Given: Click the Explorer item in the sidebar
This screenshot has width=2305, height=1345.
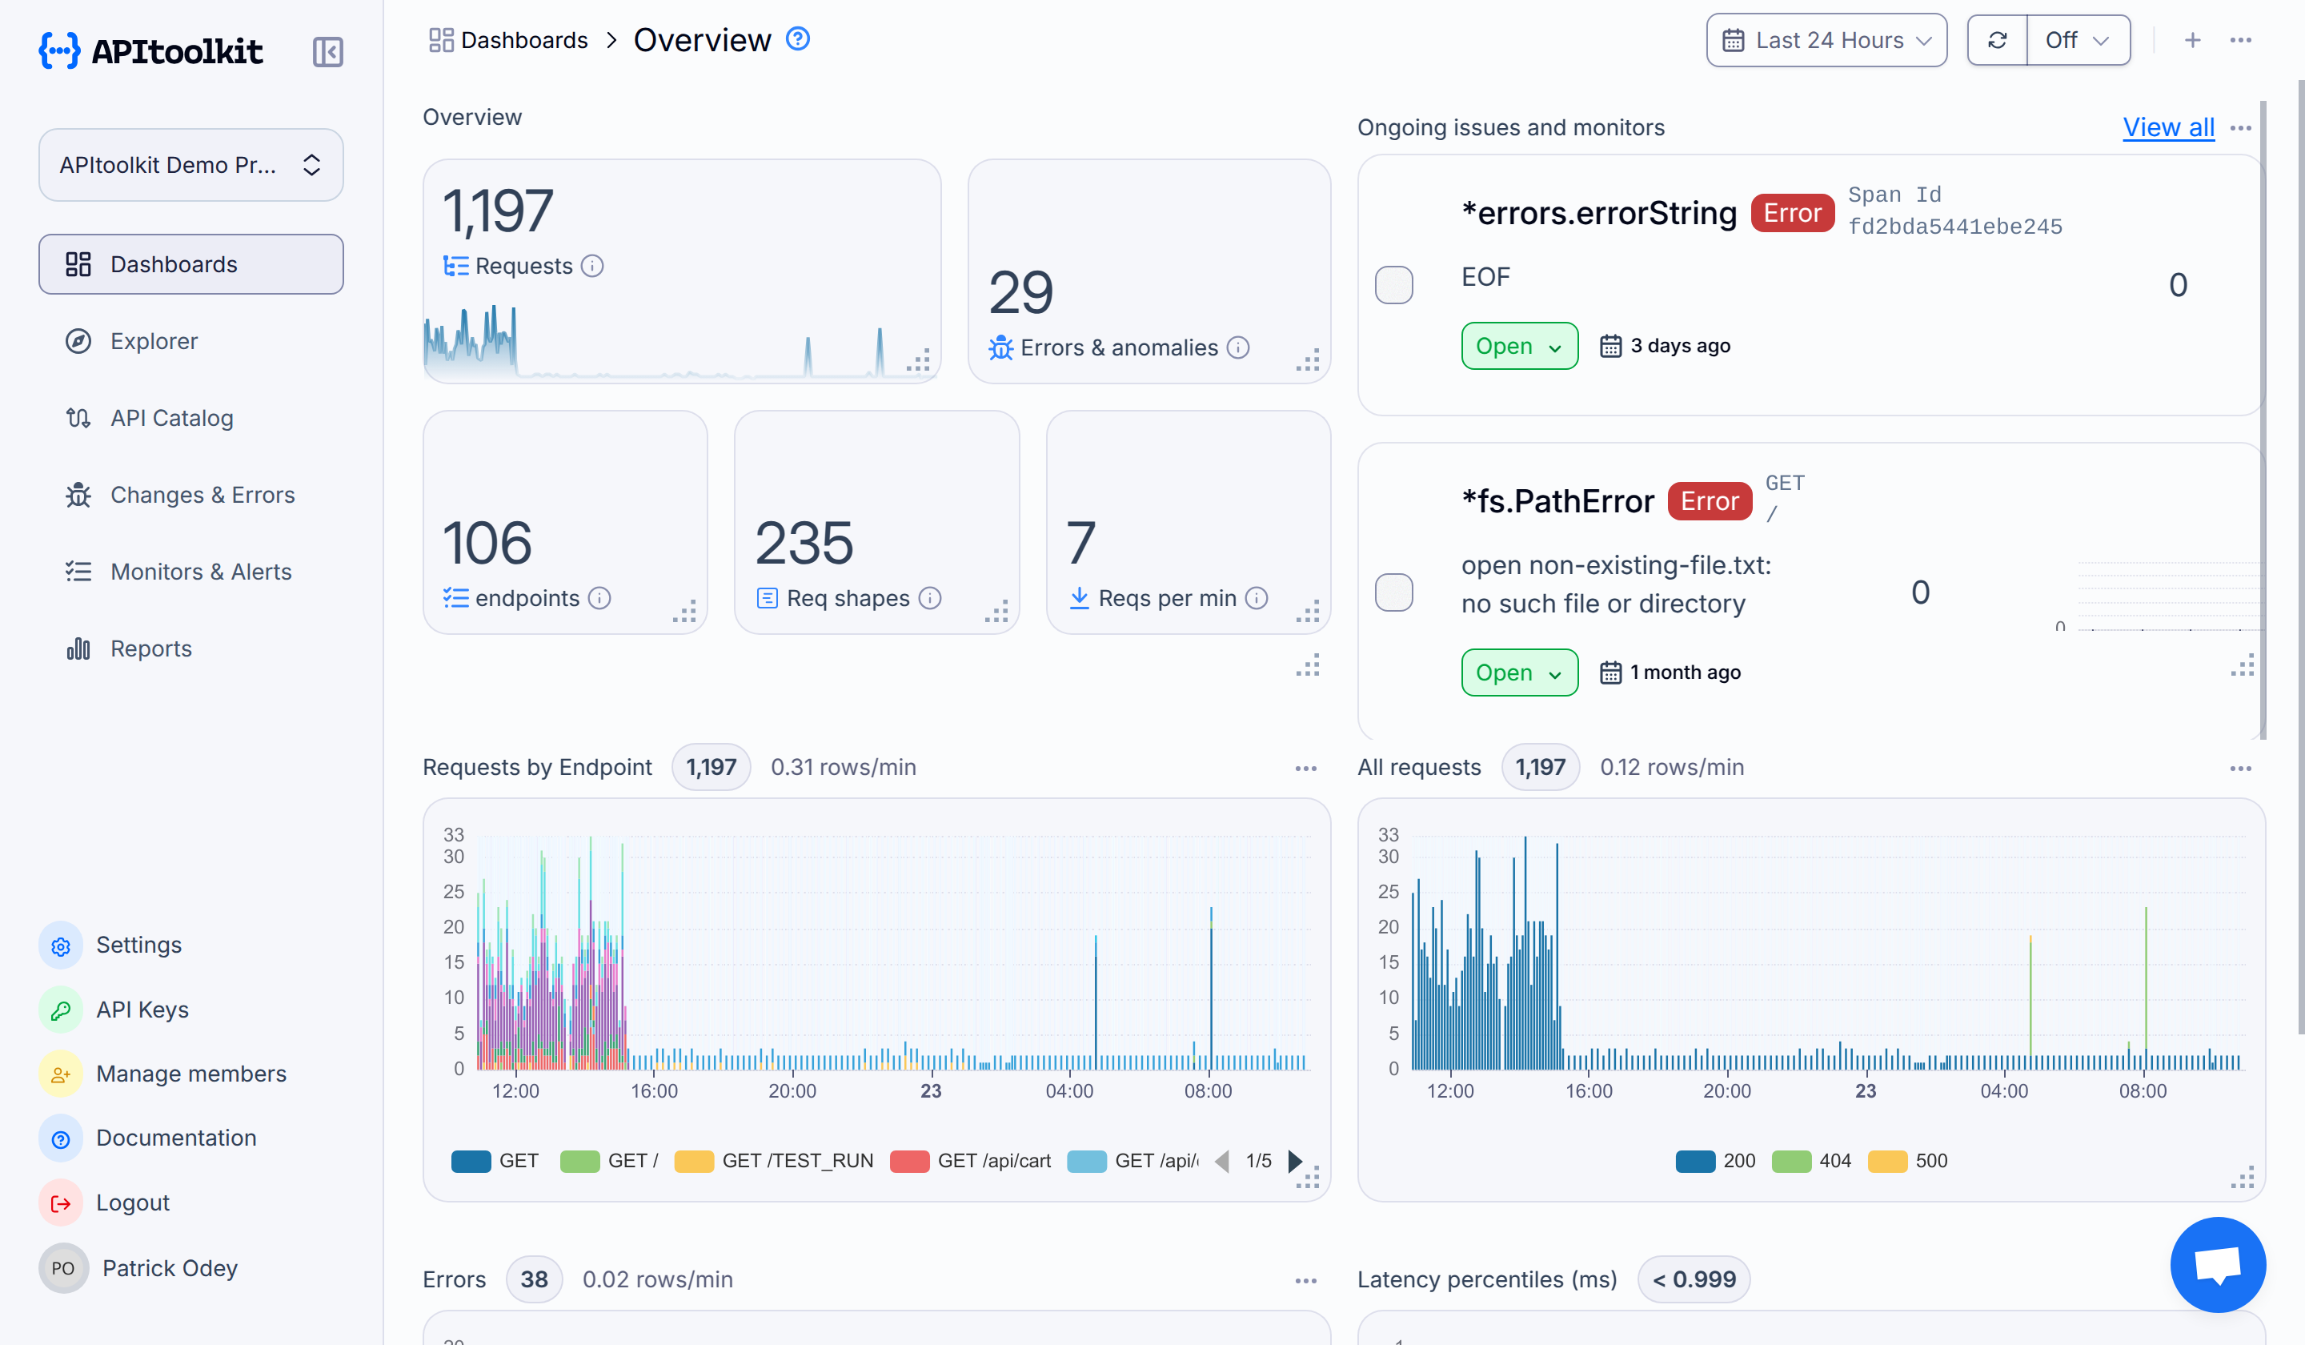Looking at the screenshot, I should [153, 341].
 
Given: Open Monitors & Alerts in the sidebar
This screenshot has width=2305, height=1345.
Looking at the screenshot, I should [199, 572].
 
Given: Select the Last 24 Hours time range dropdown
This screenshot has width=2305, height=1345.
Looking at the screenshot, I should [1826, 40].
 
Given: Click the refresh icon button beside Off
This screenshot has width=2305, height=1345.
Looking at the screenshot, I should [1997, 40].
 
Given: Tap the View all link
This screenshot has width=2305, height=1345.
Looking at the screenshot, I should [2168, 127].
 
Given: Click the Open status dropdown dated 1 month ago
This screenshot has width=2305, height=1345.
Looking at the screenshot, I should [1518, 672].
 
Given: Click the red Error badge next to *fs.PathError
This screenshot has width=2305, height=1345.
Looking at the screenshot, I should [1709, 501].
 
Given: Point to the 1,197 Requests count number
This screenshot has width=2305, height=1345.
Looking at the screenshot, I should [497, 211].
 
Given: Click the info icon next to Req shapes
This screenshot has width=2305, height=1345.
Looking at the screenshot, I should [929, 598].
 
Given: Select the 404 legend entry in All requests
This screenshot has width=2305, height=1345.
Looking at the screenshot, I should [1811, 1161].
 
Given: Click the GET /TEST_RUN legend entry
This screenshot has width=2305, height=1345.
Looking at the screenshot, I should [774, 1161].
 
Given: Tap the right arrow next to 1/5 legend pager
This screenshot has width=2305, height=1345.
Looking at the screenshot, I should [1294, 1161].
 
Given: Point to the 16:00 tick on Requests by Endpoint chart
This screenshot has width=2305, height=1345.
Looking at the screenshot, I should [653, 1090].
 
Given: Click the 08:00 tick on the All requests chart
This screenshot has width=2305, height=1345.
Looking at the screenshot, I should [2143, 1090].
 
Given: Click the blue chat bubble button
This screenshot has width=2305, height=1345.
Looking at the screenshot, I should [2217, 1264].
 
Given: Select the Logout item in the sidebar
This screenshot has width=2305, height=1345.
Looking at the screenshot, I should [132, 1202].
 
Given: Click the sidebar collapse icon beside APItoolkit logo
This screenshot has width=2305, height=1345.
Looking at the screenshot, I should [327, 52].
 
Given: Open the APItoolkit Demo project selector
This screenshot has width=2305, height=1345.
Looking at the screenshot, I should [190, 165].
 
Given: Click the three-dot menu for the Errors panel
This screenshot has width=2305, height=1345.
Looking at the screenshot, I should [1305, 1280].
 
